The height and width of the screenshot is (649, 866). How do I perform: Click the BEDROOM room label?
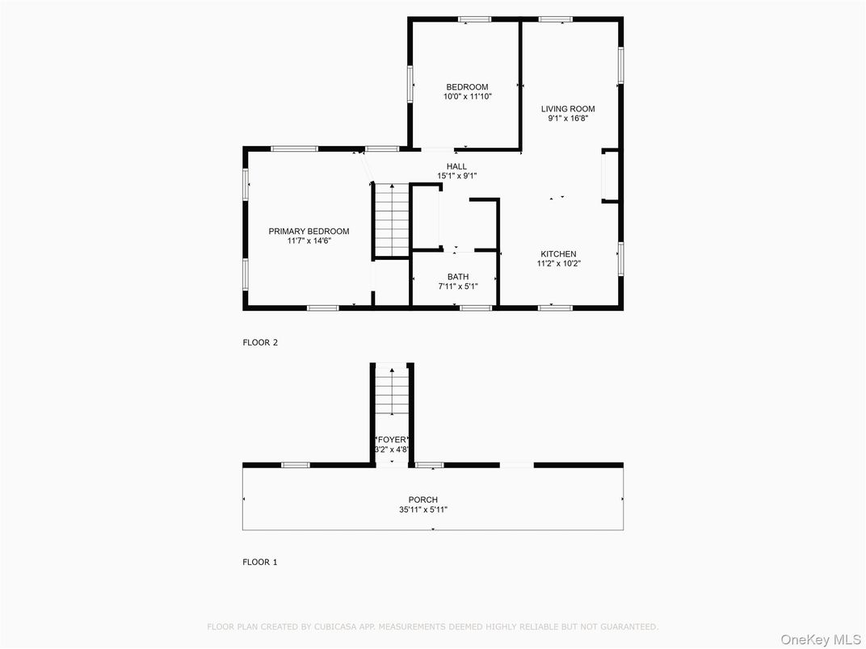pos(467,87)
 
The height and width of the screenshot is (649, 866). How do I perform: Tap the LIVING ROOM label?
pos(568,109)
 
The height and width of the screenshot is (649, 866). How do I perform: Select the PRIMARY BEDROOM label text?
pos(309,231)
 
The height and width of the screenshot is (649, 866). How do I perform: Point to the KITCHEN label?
pos(558,254)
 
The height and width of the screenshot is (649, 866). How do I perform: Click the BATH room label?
pos(458,277)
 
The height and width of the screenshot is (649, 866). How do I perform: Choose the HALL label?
pos(456,166)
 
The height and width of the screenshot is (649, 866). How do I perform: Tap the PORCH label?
pos(422,500)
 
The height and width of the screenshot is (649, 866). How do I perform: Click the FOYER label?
pos(392,440)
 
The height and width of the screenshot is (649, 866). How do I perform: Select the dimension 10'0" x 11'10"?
pos(467,97)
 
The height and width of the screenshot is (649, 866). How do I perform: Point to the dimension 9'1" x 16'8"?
pos(568,119)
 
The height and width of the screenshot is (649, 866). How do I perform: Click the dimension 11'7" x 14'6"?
pos(309,241)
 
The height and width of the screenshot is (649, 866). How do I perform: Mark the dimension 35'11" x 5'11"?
pos(422,509)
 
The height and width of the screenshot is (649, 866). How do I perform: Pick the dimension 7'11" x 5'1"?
pos(458,287)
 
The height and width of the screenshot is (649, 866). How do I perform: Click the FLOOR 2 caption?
pos(260,342)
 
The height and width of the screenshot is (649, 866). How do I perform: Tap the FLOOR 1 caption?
pos(260,562)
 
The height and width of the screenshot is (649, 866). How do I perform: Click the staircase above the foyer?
pos(392,396)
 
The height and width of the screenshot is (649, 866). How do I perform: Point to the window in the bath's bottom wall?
pos(475,308)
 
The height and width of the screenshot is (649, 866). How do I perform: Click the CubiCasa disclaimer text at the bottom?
pos(432,626)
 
